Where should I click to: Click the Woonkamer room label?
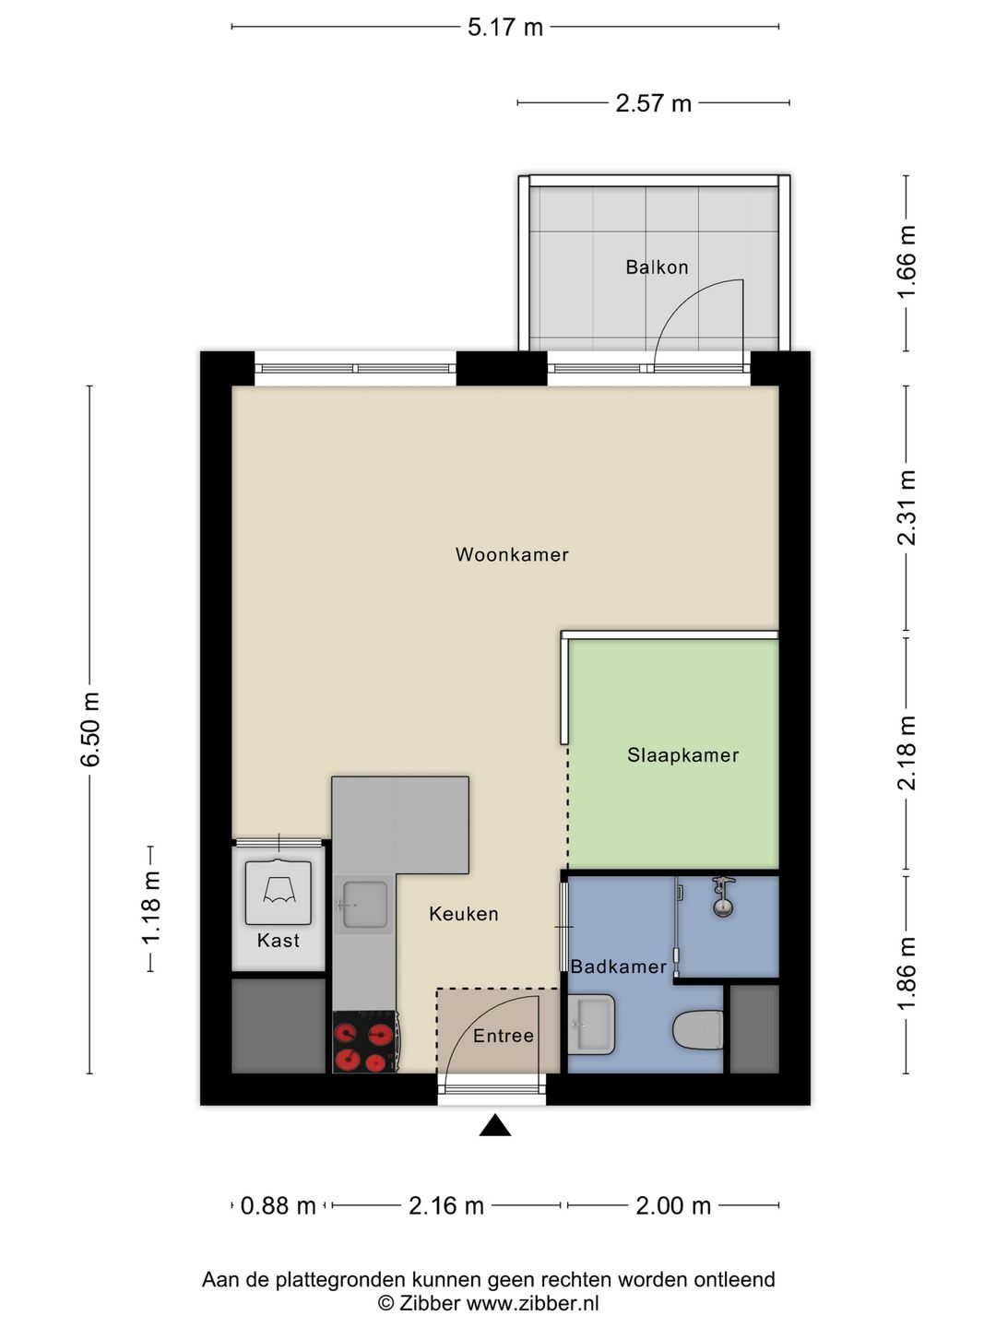512,555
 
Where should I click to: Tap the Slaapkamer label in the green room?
682,755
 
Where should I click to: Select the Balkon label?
657,267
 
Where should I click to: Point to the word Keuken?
464,914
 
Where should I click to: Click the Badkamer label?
618,966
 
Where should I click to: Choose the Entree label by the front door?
504,1036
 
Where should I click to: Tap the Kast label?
279,940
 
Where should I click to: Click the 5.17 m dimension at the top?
505,28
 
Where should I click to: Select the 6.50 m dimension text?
90,729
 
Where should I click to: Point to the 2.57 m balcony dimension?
653,103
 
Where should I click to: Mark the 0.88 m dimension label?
279,1205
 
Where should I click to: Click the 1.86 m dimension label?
907,974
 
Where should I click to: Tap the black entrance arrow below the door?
495,1125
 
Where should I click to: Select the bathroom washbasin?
591,1025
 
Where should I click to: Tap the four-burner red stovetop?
364,1042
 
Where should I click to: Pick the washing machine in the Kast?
279,893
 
